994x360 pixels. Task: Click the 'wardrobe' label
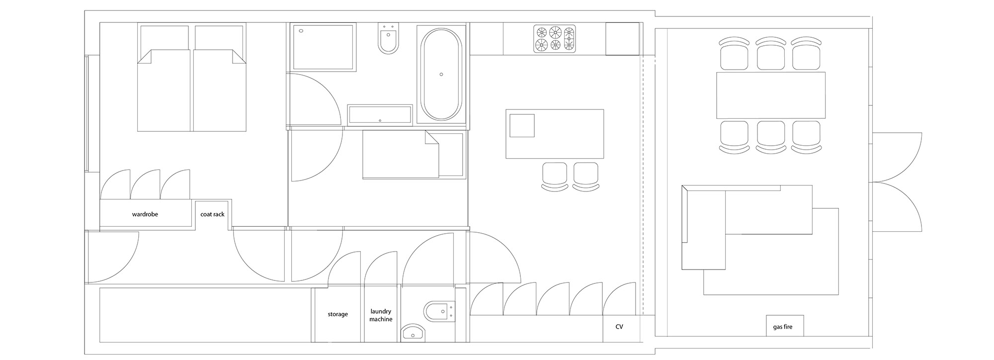tap(145, 214)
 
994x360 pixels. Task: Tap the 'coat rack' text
tap(212, 214)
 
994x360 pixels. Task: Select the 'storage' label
tap(337, 314)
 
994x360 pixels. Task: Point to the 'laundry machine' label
tap(381, 315)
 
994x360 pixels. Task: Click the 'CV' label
tap(619, 327)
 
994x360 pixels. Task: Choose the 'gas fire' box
tap(785, 326)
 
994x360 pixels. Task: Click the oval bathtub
tap(441, 74)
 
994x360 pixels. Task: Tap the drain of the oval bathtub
tap(441, 75)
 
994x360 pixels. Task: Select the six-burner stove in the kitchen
tap(555, 39)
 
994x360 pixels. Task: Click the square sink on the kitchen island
tap(522, 125)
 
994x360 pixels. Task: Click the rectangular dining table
tap(771, 95)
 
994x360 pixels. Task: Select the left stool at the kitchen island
tap(554, 176)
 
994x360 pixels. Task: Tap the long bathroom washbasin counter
tap(380, 114)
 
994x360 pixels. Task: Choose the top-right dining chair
tap(806, 53)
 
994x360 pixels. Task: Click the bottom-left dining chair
tap(735, 136)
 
